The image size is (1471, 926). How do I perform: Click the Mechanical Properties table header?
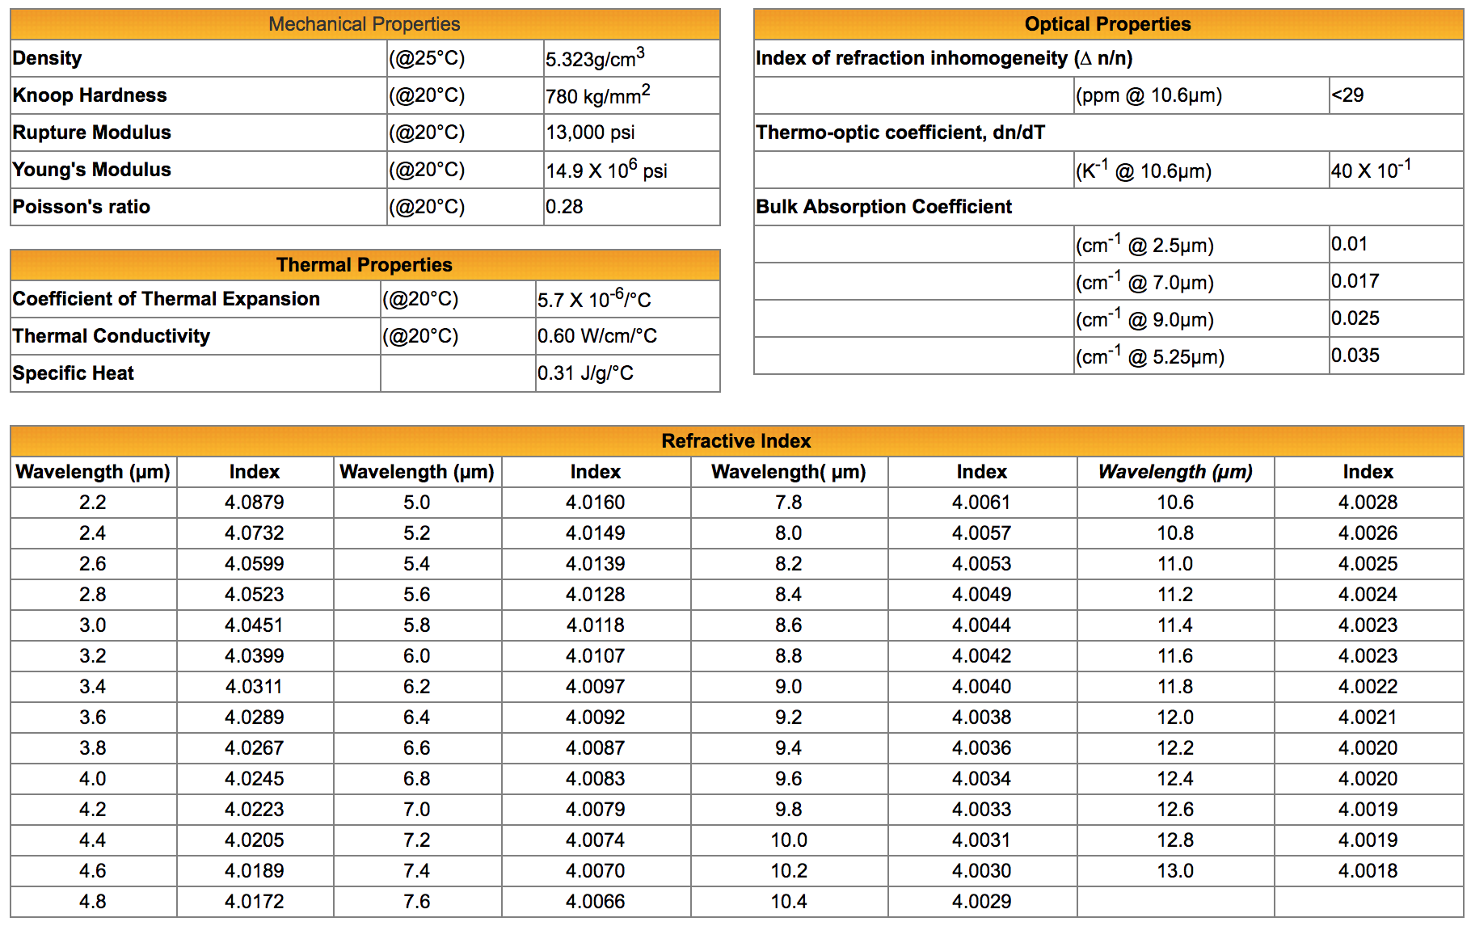365,24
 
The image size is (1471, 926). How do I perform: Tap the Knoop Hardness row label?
90,95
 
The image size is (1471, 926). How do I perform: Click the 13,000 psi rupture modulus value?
590,133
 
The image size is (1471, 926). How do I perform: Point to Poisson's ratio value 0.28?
564,207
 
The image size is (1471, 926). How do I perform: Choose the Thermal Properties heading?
365,265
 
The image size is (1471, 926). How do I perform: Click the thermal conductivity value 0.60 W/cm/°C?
597,336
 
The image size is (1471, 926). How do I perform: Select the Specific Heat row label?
74,373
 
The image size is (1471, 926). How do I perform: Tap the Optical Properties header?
1107,24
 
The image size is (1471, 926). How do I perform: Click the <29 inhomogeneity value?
1348,95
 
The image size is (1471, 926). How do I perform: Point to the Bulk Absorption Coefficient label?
883,207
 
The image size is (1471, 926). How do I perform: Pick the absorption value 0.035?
1355,356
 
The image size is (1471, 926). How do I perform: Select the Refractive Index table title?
736,441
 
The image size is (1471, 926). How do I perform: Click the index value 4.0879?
255,503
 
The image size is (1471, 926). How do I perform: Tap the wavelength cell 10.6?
1175,503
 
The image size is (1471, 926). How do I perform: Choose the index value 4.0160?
596,503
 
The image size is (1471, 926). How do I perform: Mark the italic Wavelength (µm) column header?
1175,472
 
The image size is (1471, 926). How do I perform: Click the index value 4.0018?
1368,871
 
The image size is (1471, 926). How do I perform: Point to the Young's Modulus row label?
92,170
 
